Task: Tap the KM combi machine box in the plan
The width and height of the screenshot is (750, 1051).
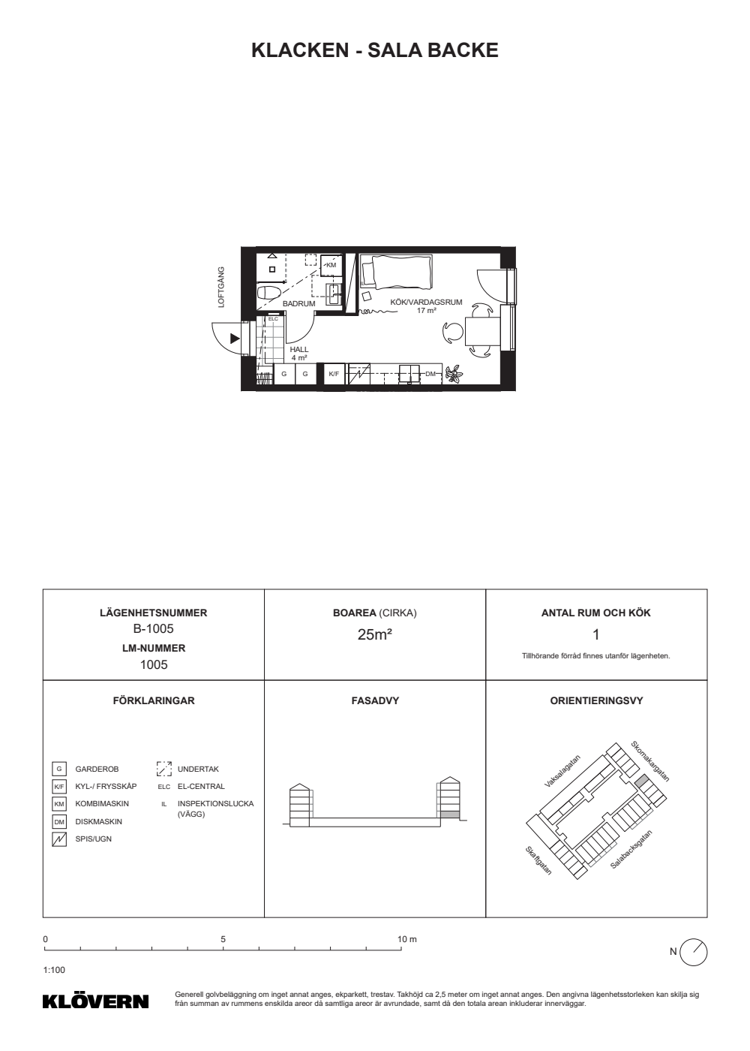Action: tap(331, 264)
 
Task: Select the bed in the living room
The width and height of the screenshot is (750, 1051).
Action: tap(396, 271)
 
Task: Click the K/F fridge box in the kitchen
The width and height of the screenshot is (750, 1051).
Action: tap(334, 374)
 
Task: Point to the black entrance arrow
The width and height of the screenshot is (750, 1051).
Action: tap(235, 339)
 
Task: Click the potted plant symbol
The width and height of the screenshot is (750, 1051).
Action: tap(454, 375)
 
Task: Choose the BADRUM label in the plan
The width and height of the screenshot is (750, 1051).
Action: tap(299, 303)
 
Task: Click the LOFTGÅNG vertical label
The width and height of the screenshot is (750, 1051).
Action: tap(221, 287)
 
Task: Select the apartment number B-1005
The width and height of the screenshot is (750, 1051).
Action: tap(153, 628)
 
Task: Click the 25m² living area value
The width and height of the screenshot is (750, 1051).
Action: tap(374, 634)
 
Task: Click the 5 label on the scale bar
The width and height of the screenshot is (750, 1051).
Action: tap(223, 939)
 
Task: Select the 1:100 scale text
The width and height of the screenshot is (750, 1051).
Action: tap(54, 970)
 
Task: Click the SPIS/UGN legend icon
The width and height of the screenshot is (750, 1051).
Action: tap(59, 839)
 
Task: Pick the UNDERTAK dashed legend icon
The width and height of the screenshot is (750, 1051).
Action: tap(164, 769)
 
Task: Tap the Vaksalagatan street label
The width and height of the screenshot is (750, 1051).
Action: tap(563, 771)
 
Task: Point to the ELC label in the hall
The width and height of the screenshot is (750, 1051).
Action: tap(273, 319)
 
